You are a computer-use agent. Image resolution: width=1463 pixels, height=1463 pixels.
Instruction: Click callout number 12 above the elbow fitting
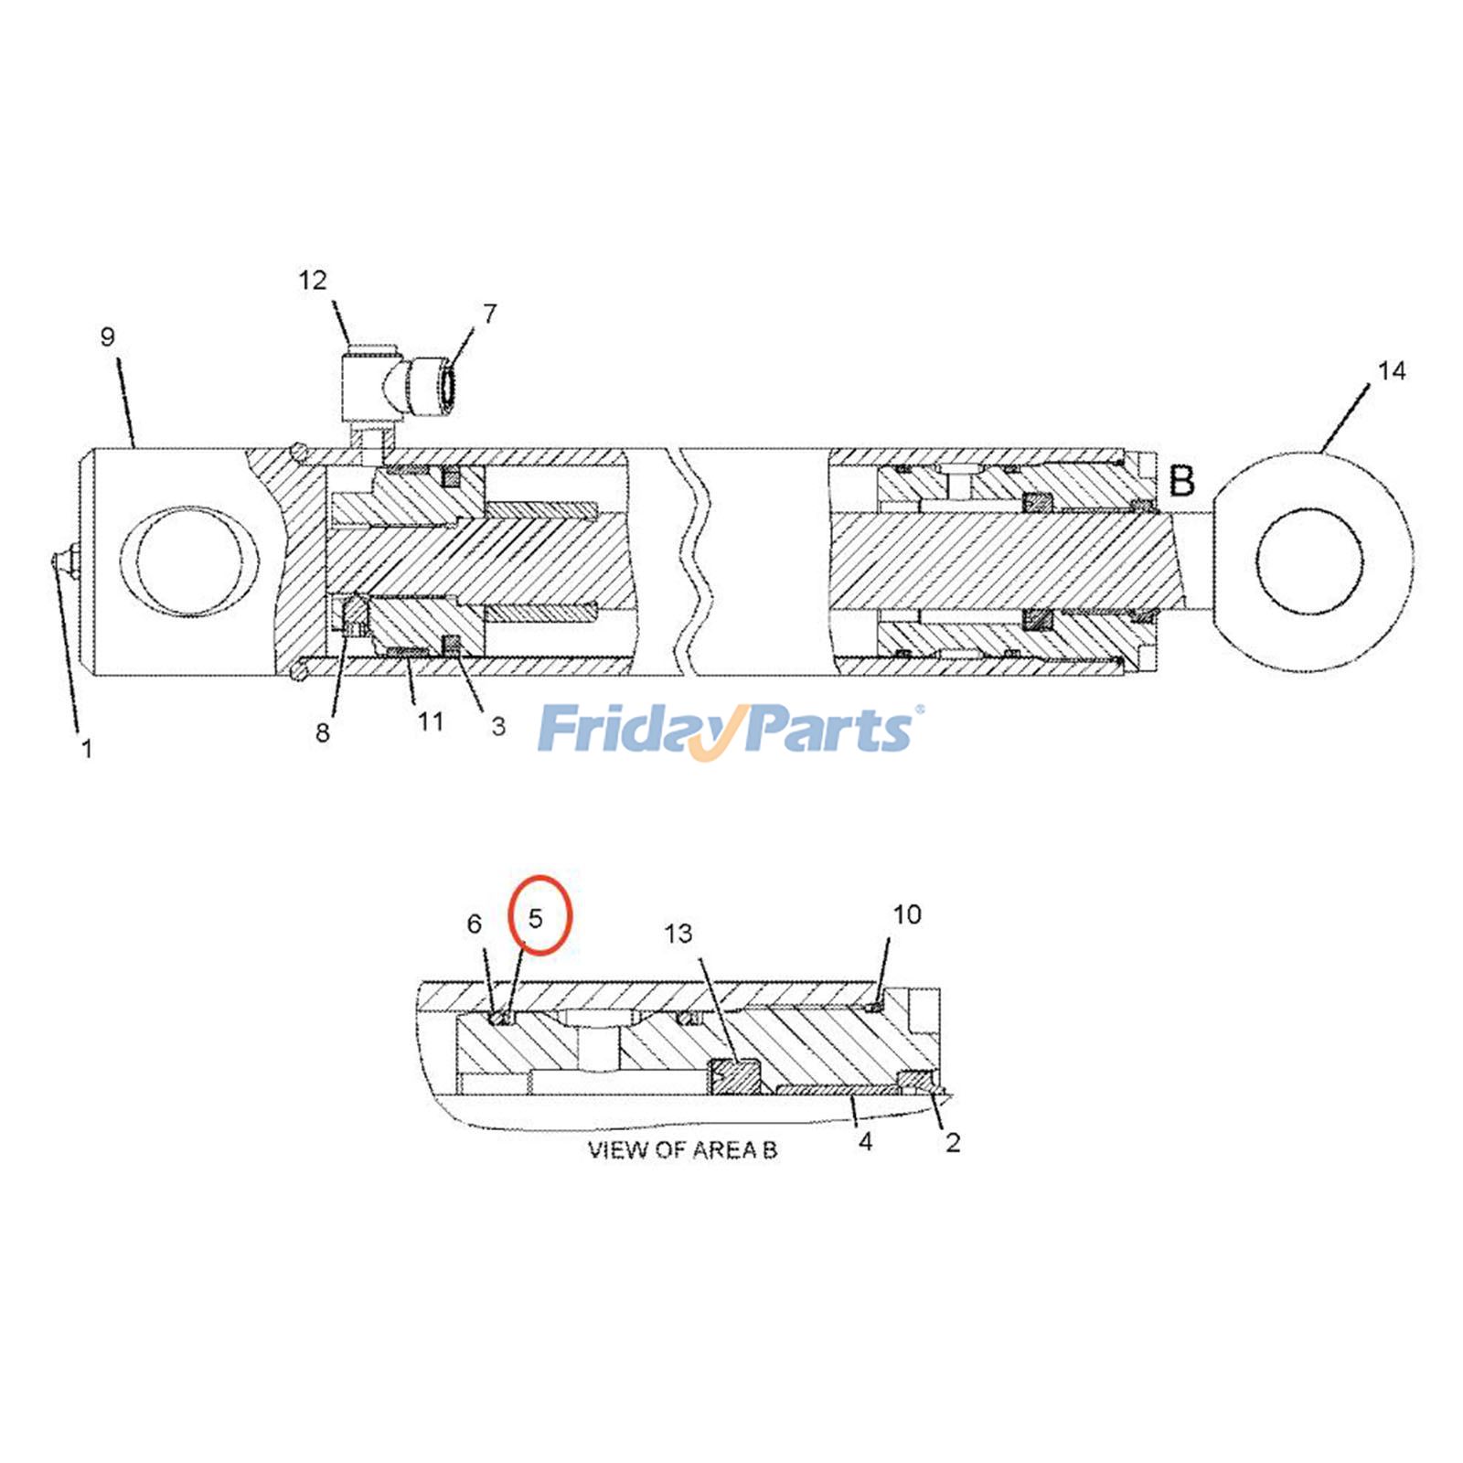tap(313, 280)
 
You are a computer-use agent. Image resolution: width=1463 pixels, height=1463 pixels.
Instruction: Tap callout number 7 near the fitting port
tap(490, 314)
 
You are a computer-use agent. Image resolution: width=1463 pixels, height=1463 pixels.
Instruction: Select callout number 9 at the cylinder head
tap(108, 337)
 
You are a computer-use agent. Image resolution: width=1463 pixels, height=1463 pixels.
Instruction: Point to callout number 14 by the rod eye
tap(1391, 370)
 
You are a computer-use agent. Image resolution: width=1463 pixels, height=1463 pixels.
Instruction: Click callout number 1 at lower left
tap(87, 750)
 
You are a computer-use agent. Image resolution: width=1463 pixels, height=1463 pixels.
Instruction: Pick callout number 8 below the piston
tap(323, 732)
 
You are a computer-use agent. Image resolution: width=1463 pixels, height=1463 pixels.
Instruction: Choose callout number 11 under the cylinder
tap(431, 722)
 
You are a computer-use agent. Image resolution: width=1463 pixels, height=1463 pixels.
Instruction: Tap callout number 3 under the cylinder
tap(498, 727)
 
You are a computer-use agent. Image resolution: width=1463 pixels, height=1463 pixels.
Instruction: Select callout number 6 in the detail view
tap(474, 924)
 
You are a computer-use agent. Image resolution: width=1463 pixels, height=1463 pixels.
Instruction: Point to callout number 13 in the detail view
tap(678, 934)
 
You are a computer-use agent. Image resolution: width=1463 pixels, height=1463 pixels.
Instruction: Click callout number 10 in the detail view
tap(907, 914)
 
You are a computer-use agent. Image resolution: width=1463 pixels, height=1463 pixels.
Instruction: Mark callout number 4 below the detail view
tap(865, 1141)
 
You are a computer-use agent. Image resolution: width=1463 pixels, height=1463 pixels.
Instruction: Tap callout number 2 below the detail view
tap(953, 1142)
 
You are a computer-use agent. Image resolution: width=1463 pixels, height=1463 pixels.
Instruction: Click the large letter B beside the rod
tap(1182, 481)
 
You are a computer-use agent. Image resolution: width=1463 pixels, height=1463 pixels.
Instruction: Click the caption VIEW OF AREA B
tap(682, 1149)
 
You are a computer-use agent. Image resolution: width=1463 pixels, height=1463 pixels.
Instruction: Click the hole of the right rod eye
tap(1309, 560)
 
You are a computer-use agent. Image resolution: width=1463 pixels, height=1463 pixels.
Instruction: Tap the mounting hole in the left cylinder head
tap(189, 561)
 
